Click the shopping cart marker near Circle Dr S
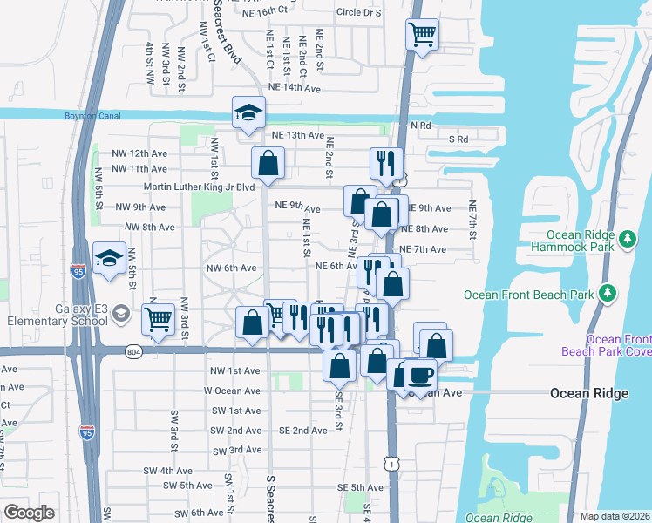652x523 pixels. click(x=422, y=35)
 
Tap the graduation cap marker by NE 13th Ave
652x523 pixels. click(x=248, y=112)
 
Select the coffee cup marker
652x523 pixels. click(x=420, y=375)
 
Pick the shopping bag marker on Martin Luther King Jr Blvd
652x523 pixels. click(x=268, y=162)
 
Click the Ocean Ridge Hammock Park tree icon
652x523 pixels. click(x=627, y=240)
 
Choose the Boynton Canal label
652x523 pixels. click(x=89, y=115)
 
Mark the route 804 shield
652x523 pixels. click(x=132, y=351)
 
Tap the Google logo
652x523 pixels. click(x=29, y=513)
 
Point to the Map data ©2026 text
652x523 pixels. click(x=615, y=516)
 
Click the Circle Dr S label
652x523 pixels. click(x=358, y=12)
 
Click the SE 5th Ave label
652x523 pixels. click(x=358, y=487)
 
